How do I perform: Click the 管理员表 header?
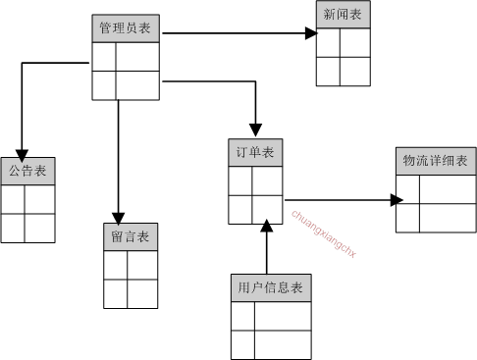(125, 29)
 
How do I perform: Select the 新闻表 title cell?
(341, 15)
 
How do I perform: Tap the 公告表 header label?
(26, 171)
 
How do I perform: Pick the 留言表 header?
(130, 237)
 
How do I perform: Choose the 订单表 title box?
(253, 154)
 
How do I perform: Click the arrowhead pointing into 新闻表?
(310, 33)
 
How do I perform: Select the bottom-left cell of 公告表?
(13, 228)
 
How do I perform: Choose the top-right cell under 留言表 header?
(142, 265)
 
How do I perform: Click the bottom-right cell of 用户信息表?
(285, 344)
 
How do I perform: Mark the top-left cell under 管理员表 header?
(104, 57)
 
